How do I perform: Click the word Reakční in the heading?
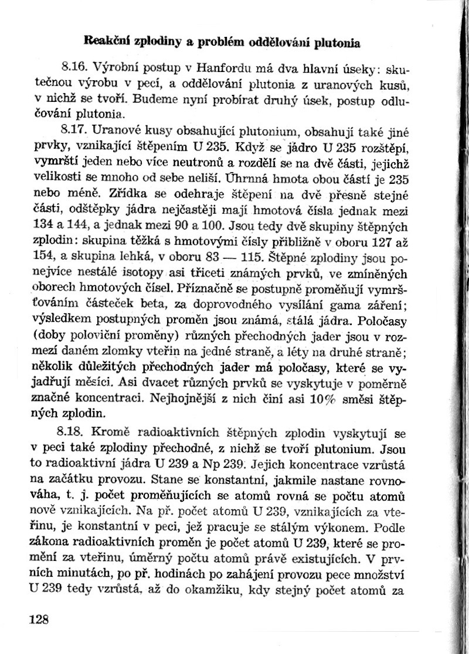pos(106,42)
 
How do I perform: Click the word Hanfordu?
pos(225,66)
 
